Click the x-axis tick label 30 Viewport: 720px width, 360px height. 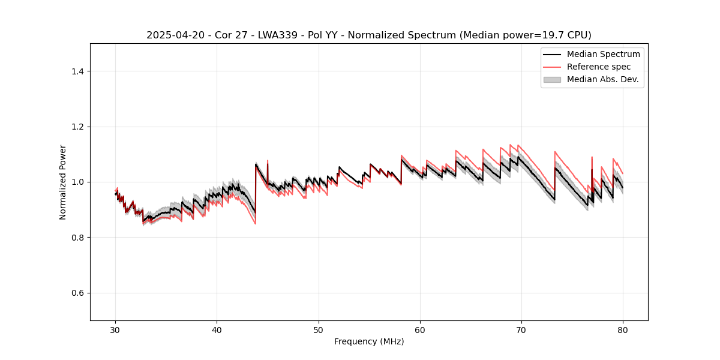116,330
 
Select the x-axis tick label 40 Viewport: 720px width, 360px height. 217,330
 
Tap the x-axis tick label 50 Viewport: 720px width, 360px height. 319,330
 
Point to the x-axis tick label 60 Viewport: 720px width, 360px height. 420,330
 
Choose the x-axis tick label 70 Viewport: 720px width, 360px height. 521,330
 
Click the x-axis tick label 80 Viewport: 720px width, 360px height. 623,330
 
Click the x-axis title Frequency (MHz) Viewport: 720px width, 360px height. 369,341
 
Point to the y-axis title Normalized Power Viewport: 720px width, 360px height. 62,182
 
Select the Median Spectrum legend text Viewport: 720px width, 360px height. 604,54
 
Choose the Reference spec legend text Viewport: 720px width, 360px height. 599,67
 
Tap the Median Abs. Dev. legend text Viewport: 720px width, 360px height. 603,79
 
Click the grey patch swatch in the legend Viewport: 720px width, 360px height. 552,79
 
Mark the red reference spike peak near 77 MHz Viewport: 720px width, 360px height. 592,157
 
